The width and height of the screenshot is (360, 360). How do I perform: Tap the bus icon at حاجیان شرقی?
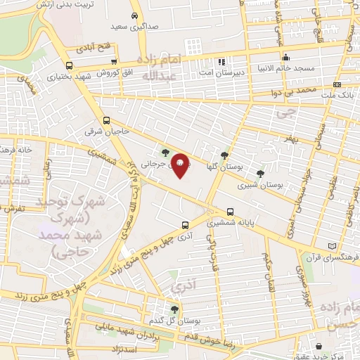[x=107, y=120]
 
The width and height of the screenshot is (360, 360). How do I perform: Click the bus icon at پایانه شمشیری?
[x=231, y=211]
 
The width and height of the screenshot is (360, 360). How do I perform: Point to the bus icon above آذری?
[x=184, y=226]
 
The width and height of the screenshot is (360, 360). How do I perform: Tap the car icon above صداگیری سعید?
[x=134, y=15]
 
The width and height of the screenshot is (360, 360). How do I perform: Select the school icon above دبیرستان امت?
[x=224, y=61]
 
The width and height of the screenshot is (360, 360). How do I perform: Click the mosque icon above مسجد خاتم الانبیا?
[x=285, y=58]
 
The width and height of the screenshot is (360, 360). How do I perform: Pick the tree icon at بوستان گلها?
[x=224, y=155]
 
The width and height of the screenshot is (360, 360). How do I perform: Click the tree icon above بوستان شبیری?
[x=260, y=173]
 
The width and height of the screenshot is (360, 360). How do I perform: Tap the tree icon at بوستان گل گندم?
[x=174, y=309]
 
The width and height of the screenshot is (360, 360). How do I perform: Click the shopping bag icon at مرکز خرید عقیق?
[x=321, y=346]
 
